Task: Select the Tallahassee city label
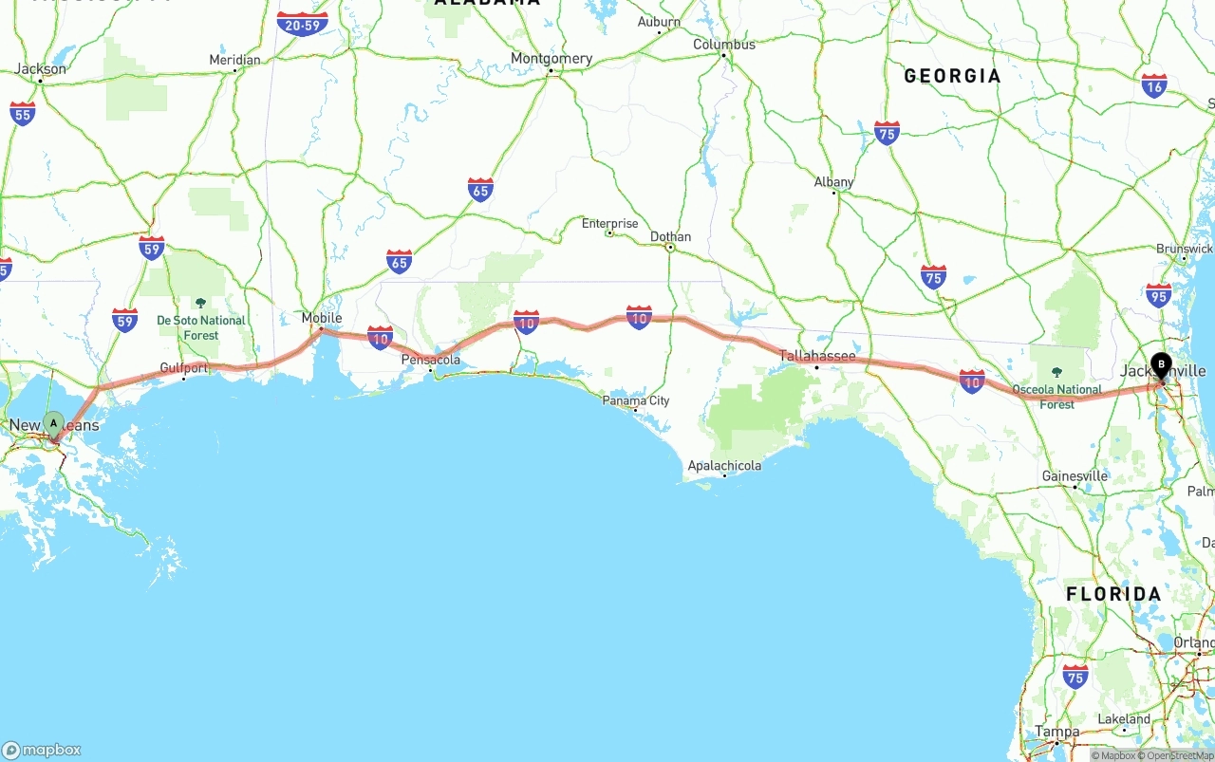click(x=817, y=357)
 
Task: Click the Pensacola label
click(x=431, y=360)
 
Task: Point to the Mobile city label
click(x=321, y=319)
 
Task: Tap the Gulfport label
click(x=184, y=367)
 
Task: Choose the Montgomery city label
click(x=551, y=59)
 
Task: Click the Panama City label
click(x=636, y=400)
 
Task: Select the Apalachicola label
click(x=724, y=466)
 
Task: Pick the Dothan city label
click(x=670, y=236)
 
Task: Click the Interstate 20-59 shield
click(x=303, y=23)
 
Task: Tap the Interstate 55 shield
click(x=23, y=114)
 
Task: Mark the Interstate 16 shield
click(x=1154, y=86)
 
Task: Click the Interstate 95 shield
click(x=1158, y=295)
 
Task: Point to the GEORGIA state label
click(x=952, y=76)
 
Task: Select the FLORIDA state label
click(x=1113, y=594)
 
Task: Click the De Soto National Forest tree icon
click(x=200, y=303)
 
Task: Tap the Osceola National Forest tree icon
click(x=1056, y=373)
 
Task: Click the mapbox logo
click(x=42, y=750)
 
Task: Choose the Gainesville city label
click(x=1075, y=476)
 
